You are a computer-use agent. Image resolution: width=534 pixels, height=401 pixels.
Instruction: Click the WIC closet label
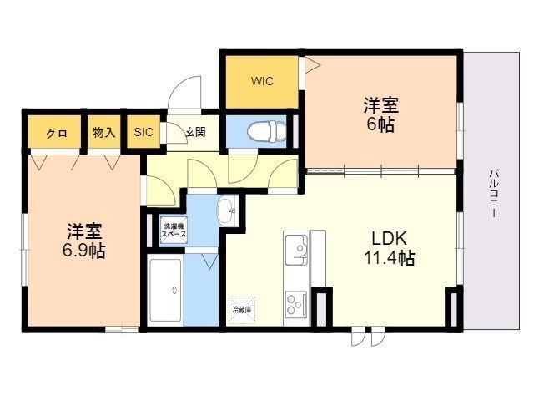[x=262, y=81]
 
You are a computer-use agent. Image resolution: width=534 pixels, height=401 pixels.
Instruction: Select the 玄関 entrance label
[x=194, y=132]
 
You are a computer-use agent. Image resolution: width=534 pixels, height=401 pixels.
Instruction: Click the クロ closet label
[x=57, y=133]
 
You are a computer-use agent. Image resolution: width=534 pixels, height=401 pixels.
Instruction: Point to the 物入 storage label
[x=103, y=132]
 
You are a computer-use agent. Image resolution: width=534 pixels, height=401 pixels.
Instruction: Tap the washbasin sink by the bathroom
[x=225, y=211]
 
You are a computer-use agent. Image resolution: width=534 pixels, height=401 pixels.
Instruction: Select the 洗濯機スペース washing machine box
[x=175, y=229]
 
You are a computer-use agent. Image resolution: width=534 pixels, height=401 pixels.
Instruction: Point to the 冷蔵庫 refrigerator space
[x=242, y=309]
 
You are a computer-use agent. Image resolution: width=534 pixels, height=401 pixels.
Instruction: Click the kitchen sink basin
[x=295, y=248]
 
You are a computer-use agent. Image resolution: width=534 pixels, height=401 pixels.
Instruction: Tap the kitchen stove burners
[x=295, y=301]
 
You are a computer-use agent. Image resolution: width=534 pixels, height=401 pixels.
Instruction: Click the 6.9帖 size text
[x=84, y=251]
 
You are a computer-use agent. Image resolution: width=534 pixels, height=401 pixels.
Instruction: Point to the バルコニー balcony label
[x=494, y=193]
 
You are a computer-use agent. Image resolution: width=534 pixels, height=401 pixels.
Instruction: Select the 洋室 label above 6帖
[x=380, y=106]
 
